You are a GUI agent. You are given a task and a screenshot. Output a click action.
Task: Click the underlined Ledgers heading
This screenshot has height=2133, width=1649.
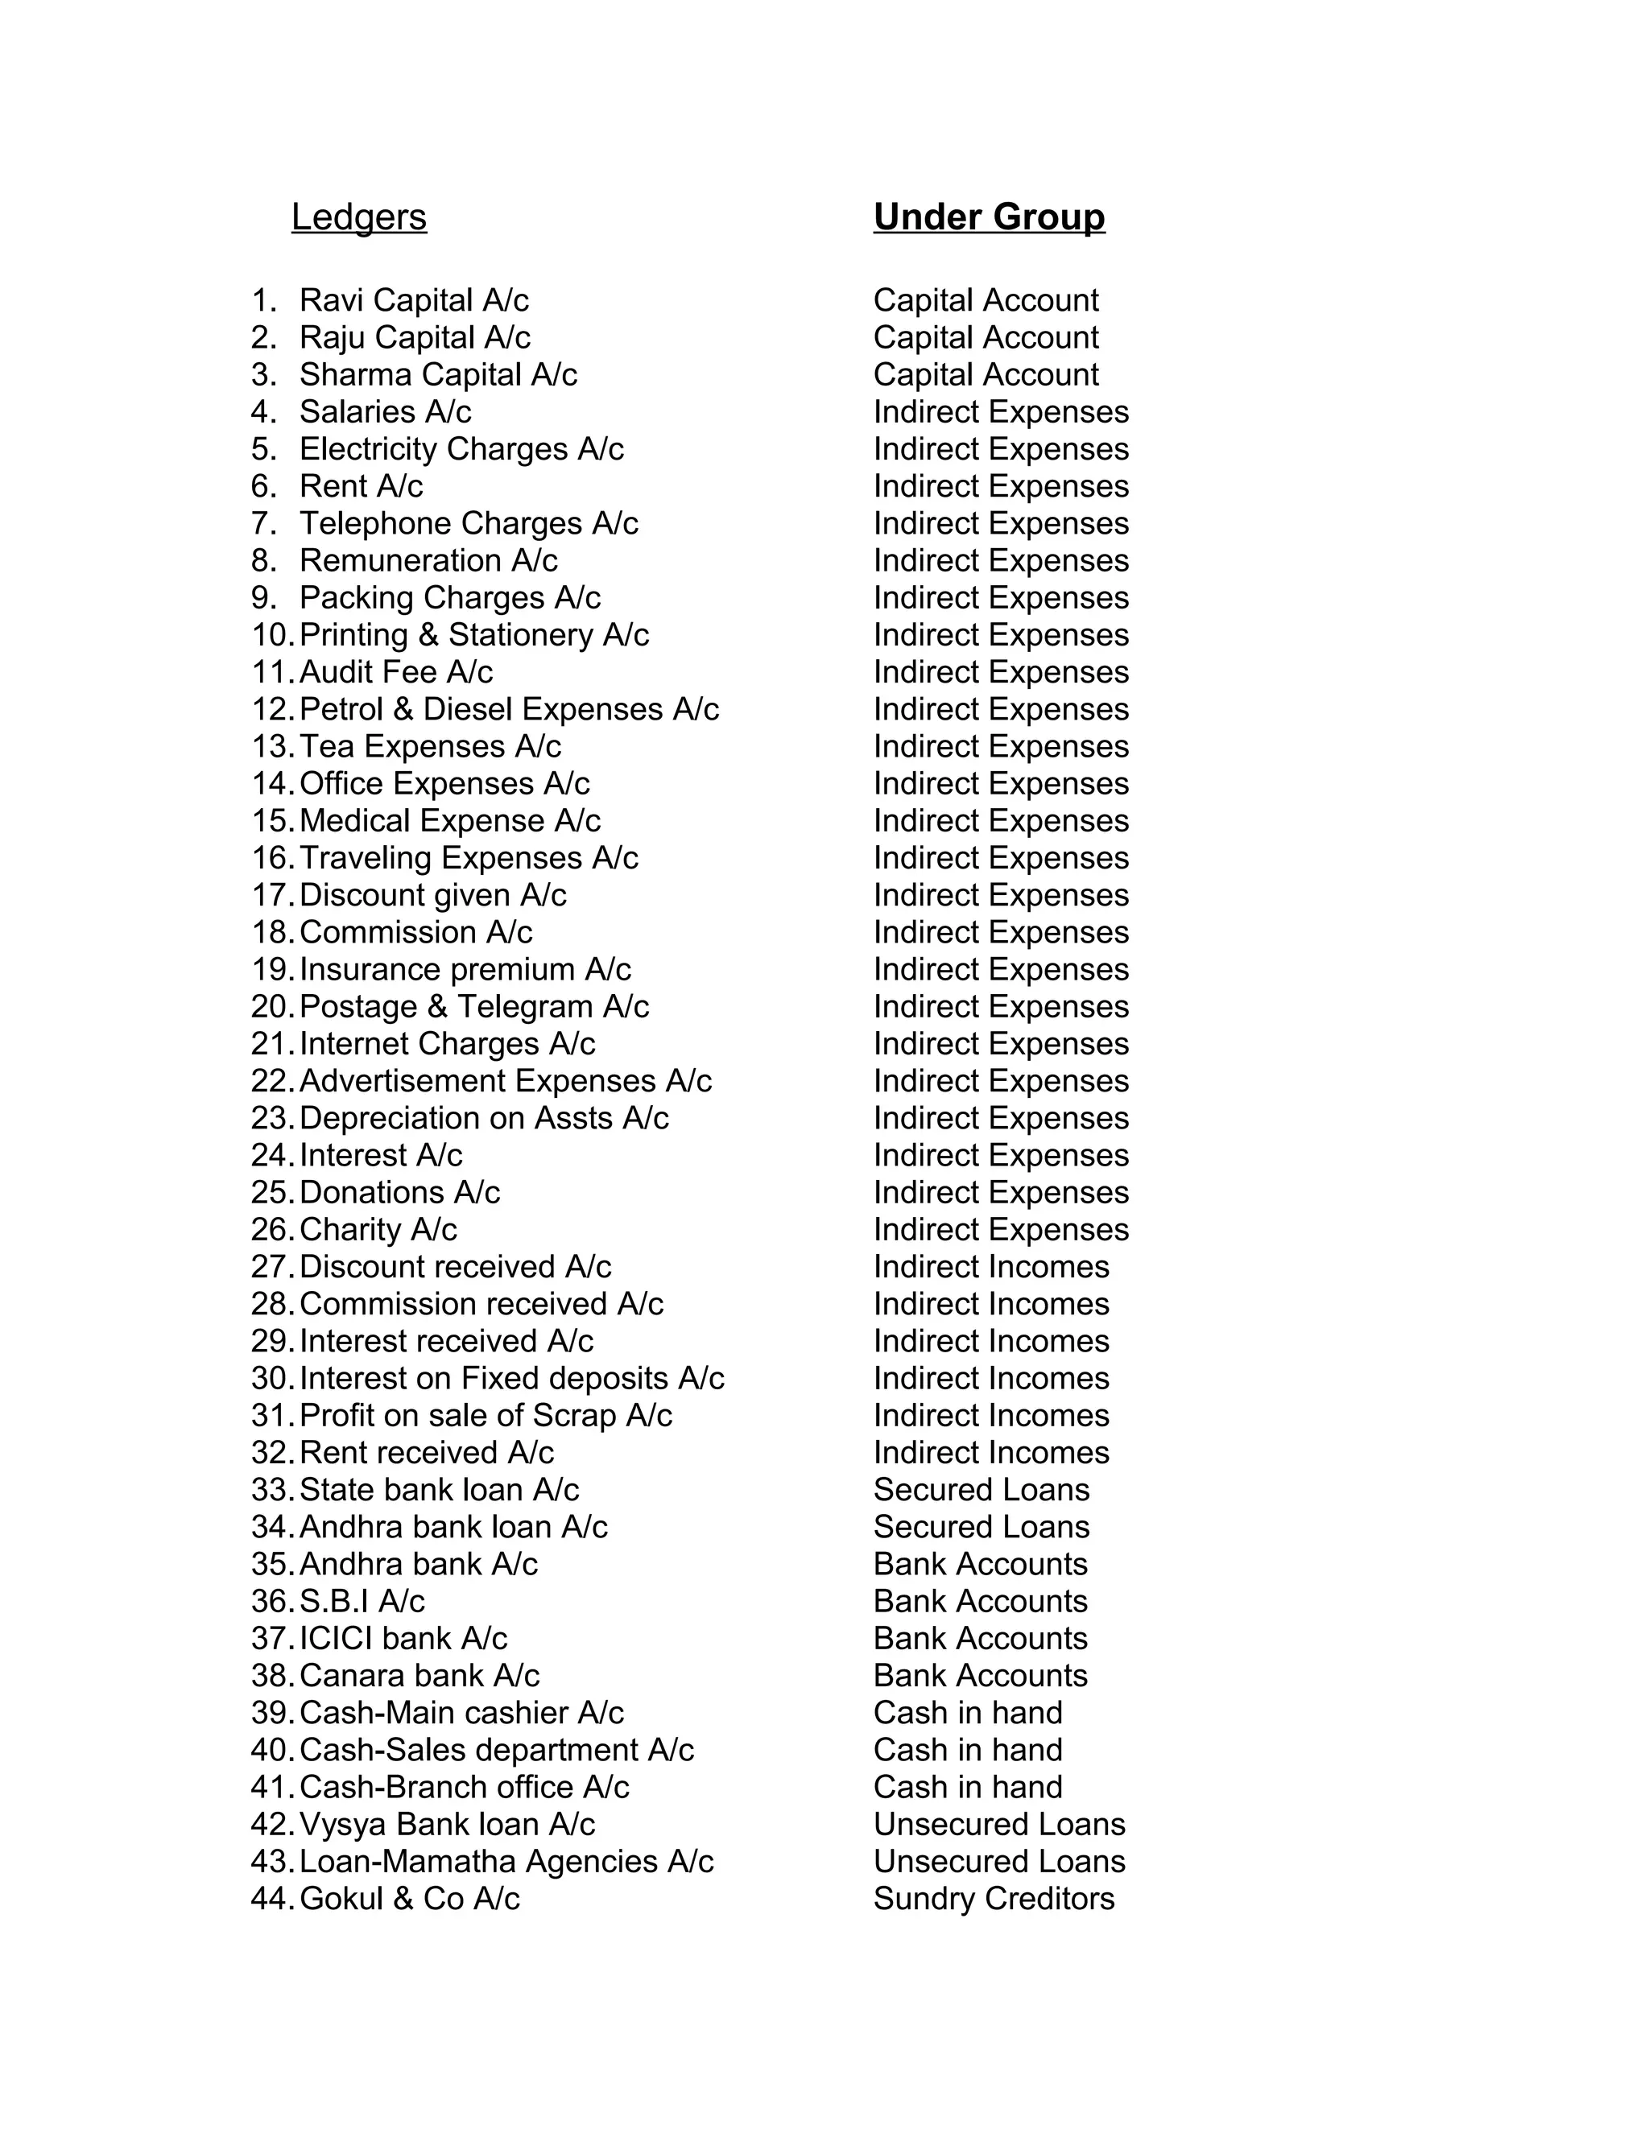click(358, 217)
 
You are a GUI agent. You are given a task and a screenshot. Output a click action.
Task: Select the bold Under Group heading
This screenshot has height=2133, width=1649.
click(989, 217)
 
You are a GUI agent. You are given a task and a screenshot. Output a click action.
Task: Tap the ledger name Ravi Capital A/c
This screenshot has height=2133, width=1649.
click(414, 300)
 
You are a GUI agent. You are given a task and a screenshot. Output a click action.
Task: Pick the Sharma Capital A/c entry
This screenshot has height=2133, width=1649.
click(439, 374)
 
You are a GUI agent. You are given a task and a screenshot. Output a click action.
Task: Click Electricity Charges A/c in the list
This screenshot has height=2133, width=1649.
click(461, 449)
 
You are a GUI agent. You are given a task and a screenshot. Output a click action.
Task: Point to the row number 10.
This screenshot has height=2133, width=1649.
click(271, 635)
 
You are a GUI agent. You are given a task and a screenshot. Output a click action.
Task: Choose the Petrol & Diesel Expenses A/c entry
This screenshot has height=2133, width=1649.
click(509, 709)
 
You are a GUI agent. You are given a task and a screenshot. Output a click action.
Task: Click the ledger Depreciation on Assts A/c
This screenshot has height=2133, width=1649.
click(484, 1118)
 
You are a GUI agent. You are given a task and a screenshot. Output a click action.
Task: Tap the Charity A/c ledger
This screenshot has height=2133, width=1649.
click(378, 1230)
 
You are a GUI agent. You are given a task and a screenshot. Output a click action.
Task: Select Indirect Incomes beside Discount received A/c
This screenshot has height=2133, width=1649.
click(990, 1267)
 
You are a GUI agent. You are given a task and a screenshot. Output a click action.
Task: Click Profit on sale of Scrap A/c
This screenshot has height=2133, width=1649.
click(486, 1415)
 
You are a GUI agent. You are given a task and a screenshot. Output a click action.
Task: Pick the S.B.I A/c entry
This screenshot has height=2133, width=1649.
click(362, 1601)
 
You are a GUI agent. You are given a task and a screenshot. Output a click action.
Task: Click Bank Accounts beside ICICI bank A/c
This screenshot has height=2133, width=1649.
click(980, 1638)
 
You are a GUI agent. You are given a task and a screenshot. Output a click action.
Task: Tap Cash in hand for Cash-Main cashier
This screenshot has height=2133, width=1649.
click(967, 1712)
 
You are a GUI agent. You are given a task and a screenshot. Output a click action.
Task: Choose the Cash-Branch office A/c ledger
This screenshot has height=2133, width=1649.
click(464, 1786)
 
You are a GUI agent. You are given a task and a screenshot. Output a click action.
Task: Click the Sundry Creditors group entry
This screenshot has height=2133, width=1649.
click(994, 1898)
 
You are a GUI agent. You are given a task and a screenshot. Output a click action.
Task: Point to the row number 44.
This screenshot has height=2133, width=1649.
click(271, 1898)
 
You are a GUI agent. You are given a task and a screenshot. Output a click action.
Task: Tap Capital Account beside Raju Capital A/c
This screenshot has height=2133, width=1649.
click(986, 337)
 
